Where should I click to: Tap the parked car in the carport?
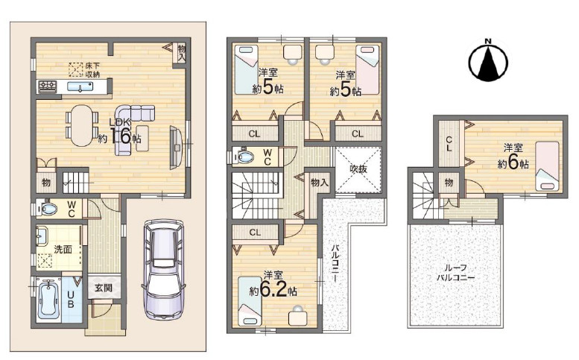pos(162,270)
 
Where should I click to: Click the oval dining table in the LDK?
pos(82,125)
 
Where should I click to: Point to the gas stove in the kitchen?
pos(47,86)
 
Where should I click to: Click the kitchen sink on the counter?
pos(80,86)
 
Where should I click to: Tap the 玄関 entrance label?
pos(104,287)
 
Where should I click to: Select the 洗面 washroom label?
pos(63,249)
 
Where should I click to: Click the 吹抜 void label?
pos(358,169)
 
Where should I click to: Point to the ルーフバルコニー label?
pos(455,273)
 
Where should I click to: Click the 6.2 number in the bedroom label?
pos(273,291)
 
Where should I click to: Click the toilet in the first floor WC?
pos(48,209)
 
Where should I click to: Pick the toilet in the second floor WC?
pos(244,157)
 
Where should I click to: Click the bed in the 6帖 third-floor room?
pos(547,166)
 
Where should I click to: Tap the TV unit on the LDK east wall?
pos(176,148)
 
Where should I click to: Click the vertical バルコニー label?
pos(335,262)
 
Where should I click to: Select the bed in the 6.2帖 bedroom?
pos(250,301)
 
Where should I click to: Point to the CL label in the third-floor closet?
pos(449,144)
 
